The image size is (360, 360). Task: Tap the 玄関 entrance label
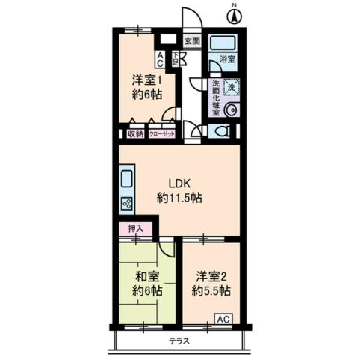(192, 41)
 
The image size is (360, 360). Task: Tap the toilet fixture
(221, 131)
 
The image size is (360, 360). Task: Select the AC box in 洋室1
(160, 58)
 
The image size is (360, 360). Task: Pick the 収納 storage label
(135, 134)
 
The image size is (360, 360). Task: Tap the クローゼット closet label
(162, 134)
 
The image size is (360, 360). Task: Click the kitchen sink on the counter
(125, 181)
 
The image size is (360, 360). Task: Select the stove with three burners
(125, 202)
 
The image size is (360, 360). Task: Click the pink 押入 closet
(136, 229)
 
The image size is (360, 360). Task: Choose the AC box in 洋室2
(223, 319)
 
